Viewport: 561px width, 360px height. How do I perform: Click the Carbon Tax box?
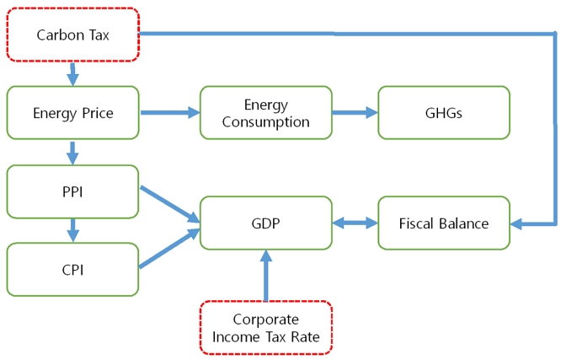72,35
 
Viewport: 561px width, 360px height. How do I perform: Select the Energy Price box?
72,112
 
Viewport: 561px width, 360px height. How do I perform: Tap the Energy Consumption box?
265,112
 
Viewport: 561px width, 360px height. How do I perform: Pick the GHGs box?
444,112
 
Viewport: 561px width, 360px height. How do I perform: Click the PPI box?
72,191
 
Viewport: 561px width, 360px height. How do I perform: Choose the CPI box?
72,270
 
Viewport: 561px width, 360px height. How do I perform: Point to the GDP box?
265,223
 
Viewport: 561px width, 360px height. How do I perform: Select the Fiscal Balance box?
444,223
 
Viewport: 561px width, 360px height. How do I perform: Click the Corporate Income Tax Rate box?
265,327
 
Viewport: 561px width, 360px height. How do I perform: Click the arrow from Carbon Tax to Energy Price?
72,74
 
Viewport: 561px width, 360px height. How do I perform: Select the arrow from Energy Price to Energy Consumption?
168,112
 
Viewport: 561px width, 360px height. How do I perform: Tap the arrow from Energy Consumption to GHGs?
355,112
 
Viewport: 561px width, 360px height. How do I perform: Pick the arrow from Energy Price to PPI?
72,152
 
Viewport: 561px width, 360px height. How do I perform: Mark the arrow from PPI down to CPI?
72,229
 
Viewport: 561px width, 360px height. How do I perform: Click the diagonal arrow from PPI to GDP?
168,204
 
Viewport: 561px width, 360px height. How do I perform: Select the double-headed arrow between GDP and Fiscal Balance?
355,223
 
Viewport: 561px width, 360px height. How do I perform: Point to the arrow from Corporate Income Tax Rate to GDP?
266,275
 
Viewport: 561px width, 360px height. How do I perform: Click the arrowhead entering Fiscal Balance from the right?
518,223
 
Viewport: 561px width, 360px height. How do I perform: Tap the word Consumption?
265,121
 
